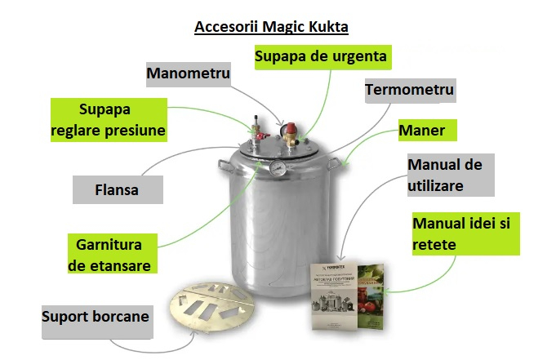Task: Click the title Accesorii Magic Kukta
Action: pos(271,26)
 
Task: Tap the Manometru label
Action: pos(188,73)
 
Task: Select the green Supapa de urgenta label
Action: pos(320,57)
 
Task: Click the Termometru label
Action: pos(409,89)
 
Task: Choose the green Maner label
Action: pos(427,131)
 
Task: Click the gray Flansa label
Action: pos(117,191)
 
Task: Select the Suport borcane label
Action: pos(96,315)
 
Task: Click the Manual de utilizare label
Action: pos(445,175)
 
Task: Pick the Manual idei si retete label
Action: pos(465,233)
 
